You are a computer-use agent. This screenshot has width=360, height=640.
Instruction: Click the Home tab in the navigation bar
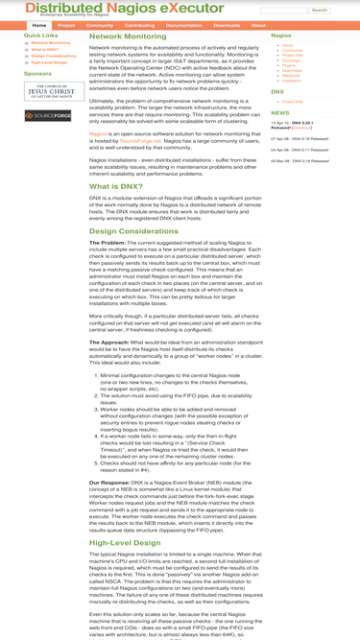coord(38,25)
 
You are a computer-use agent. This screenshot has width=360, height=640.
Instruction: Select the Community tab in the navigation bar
coord(99,25)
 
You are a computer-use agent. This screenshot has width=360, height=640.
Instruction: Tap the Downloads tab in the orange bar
coord(227,25)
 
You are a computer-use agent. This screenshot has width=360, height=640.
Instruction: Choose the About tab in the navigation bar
coord(258,25)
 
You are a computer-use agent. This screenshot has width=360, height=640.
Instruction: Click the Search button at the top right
coord(320,11)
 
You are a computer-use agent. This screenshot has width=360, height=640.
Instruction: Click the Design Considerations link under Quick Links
coord(54,56)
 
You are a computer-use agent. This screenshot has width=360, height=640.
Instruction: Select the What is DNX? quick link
coord(44,49)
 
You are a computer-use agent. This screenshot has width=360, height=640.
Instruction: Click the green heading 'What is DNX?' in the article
coord(118,186)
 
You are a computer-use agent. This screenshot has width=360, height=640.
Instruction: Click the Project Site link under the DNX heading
coord(293,101)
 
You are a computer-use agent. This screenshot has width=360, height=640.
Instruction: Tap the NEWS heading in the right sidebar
coord(280,112)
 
